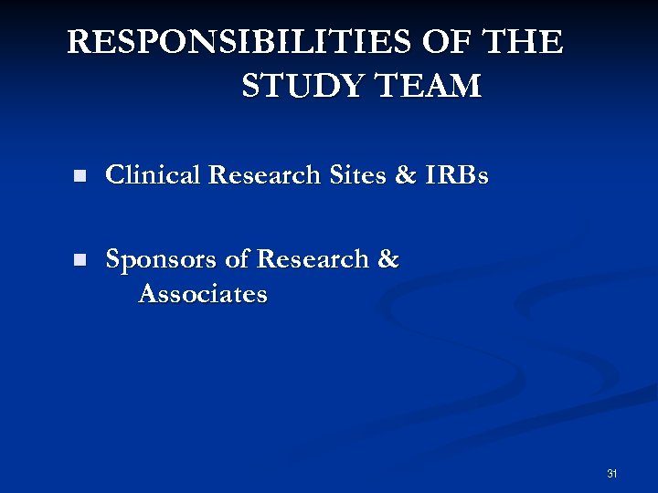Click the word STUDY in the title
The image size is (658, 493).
click(x=297, y=86)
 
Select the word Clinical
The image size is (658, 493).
click(x=154, y=174)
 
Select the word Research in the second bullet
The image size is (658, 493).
click(x=313, y=259)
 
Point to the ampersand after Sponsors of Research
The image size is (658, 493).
click(x=387, y=259)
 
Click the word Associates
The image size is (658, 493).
click(x=203, y=294)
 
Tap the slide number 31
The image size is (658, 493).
click(x=611, y=473)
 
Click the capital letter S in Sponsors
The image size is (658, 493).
click(x=114, y=259)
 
